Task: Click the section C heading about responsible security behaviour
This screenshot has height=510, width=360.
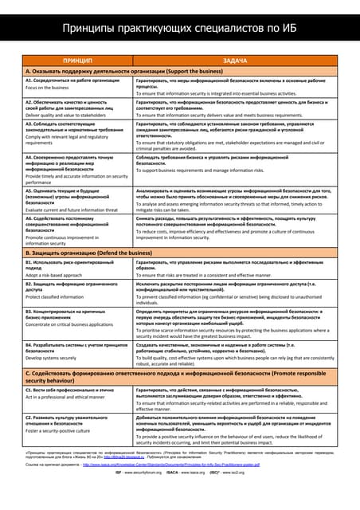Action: tap(175, 375)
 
